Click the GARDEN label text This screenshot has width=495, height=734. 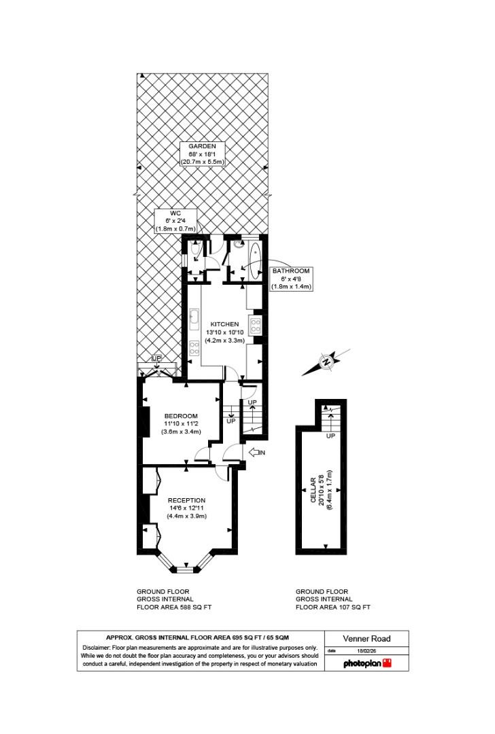coord(202,146)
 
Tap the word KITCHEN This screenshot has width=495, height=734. coord(224,324)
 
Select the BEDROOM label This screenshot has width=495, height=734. coord(181,416)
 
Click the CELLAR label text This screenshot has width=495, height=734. coord(313,490)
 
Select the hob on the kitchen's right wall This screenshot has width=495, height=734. coord(256,326)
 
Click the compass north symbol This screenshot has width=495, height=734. coord(327,362)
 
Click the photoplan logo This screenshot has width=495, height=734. coord(367,663)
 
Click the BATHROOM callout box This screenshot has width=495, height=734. coord(291,279)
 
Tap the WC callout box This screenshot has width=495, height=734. coord(175,221)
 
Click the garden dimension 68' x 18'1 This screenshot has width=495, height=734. coord(202,154)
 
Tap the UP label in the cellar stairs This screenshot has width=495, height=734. coord(330,436)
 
